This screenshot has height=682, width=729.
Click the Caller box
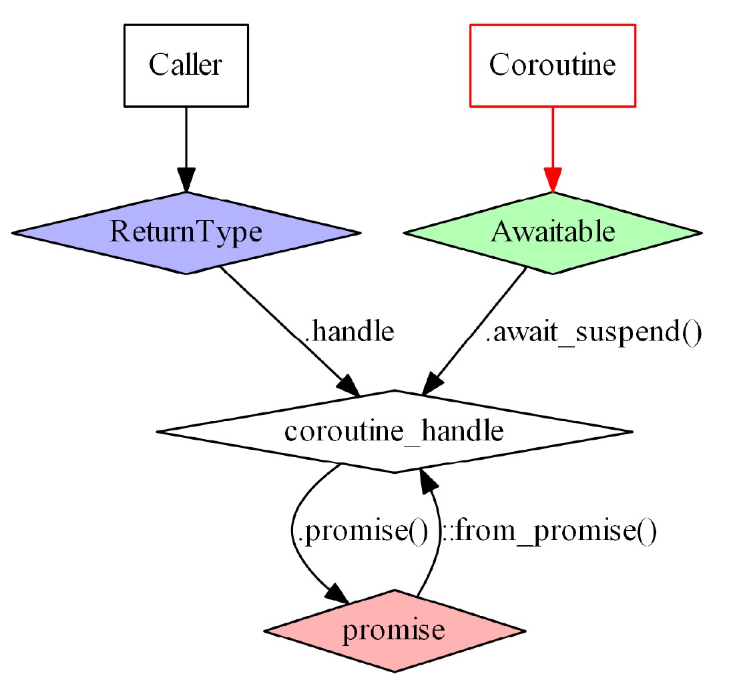[x=186, y=65]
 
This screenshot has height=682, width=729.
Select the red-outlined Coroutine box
[x=553, y=65]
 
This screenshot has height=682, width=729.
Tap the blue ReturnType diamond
[x=186, y=232]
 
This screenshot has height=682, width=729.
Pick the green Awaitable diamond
[x=553, y=232]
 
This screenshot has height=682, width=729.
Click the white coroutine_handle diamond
[x=394, y=432]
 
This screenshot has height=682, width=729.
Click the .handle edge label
[x=349, y=332]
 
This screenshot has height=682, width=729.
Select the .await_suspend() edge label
[x=593, y=332]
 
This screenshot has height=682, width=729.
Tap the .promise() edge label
[x=360, y=532]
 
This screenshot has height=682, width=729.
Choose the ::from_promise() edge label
[x=549, y=532]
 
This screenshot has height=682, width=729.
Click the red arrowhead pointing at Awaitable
[x=553, y=180]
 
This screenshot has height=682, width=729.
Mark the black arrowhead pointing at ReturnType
[x=186, y=180]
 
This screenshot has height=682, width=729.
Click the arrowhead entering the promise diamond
[x=337, y=593]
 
